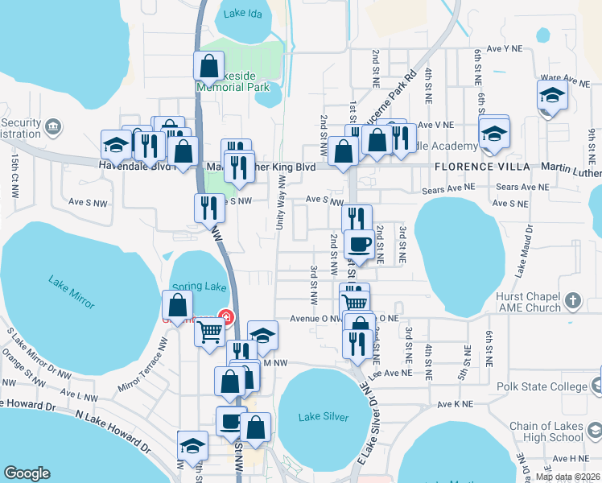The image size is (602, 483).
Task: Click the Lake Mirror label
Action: (72, 292)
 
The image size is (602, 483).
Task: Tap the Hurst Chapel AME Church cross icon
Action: (572, 302)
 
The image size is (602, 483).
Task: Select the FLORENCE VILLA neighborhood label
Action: (481, 167)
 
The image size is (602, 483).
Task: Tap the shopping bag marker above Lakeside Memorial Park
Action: (208, 66)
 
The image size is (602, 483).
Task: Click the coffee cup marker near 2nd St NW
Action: (359, 245)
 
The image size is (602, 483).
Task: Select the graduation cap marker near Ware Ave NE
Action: (552, 94)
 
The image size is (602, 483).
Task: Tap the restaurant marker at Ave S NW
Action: (208, 208)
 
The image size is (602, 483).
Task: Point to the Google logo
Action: (27, 473)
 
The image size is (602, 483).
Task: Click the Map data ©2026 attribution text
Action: (567, 477)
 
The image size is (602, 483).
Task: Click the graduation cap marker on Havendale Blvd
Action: (116, 145)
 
